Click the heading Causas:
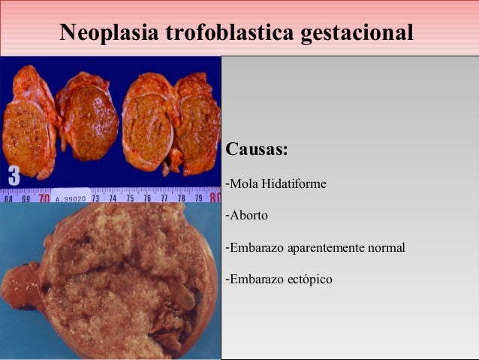point(257,148)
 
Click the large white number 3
point(14,176)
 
